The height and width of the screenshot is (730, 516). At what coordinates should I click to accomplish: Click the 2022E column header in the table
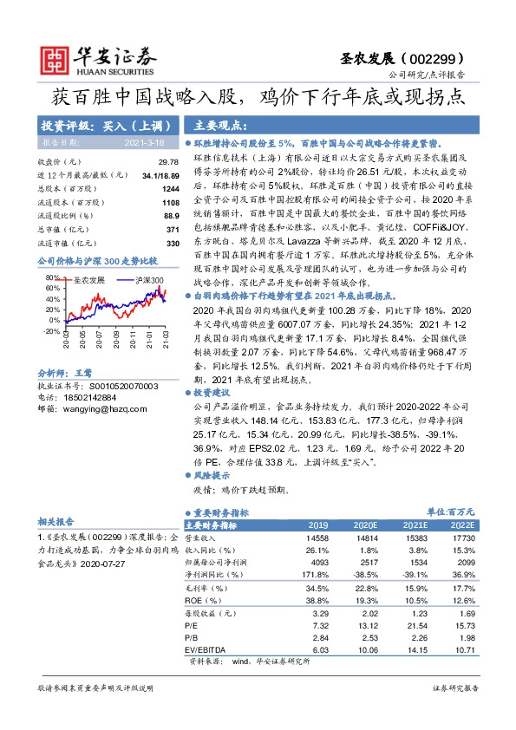tap(462, 525)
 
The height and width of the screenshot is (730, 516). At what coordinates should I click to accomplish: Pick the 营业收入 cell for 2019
tap(317, 538)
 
